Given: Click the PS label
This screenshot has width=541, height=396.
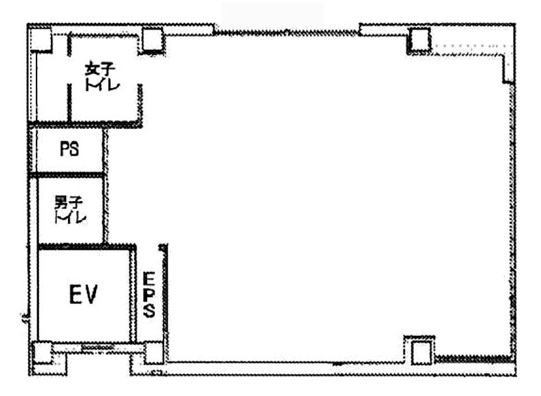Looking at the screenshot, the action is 69,149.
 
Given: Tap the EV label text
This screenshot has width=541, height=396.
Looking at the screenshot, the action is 83,294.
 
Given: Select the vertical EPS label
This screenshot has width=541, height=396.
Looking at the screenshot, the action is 149,294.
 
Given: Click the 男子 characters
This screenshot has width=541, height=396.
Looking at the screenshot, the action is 69,202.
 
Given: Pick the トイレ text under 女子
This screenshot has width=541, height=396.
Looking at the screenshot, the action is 102,84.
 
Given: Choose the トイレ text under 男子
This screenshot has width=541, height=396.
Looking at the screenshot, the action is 70,217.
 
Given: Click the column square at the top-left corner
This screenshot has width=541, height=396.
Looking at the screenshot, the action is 41,40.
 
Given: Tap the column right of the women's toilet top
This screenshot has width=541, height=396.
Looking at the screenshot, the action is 153,40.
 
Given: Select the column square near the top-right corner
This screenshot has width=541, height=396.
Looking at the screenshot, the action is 419,40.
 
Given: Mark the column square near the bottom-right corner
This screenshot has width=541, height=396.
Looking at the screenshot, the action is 421,352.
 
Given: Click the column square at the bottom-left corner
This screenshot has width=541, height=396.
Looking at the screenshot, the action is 43,352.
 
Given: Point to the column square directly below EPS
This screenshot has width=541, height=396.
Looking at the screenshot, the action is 153,353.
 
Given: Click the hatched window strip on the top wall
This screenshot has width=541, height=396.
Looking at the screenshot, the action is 286,33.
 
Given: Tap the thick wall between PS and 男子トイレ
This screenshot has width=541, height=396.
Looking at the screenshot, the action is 67,175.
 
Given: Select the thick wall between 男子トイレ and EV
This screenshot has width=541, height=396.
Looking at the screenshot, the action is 87,246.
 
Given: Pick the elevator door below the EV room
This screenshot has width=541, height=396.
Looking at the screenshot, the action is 98,348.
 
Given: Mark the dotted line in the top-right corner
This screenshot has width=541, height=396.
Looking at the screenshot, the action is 470,45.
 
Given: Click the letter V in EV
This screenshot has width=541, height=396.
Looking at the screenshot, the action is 91,294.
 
